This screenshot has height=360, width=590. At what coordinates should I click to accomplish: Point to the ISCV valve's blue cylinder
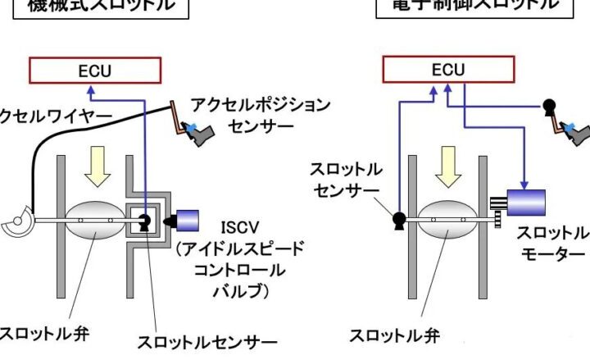(x=187, y=221)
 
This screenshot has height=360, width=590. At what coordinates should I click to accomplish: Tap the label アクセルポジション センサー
(x=260, y=116)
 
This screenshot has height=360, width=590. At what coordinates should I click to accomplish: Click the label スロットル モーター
(x=554, y=243)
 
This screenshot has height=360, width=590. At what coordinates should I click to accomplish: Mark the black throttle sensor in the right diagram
(x=399, y=219)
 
